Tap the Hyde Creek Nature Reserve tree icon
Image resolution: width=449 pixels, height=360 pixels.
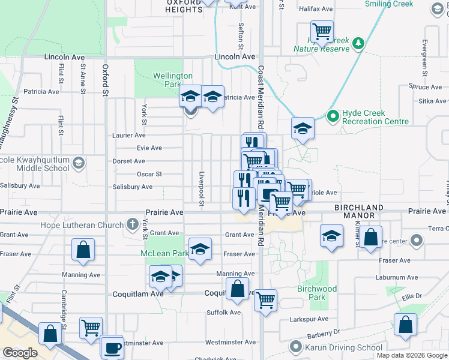(358, 43)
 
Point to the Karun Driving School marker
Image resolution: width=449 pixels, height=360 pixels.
(295, 347)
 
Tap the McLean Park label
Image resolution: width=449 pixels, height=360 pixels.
(160, 253)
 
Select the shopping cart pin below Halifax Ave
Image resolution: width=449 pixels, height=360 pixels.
(322, 32)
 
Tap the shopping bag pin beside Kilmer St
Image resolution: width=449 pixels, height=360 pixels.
(372, 236)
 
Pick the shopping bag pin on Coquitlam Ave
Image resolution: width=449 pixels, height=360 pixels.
(238, 289)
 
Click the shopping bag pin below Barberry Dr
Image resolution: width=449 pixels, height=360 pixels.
(406, 324)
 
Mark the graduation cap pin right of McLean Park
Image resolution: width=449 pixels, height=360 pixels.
(200, 249)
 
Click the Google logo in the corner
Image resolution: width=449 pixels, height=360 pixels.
(20, 352)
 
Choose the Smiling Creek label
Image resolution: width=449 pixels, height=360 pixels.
(389, 4)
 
